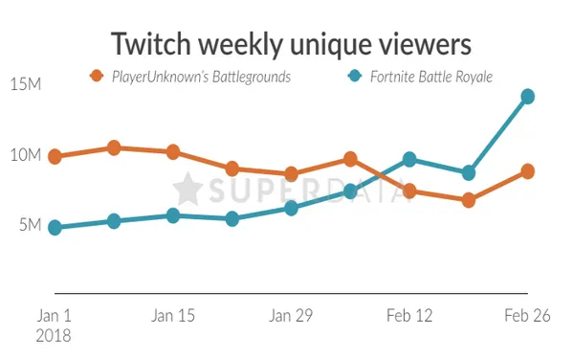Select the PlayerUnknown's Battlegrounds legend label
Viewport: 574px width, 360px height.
pos(201,77)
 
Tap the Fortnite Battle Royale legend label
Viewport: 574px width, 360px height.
pos(430,77)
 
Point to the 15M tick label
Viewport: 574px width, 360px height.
pos(26,84)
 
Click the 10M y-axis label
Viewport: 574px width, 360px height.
pos(26,155)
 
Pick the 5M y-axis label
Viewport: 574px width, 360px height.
pos(30,226)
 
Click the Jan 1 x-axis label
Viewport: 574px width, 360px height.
pos(55,315)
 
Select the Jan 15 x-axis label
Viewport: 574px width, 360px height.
pos(173,315)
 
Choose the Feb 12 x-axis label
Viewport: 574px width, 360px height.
pos(408,315)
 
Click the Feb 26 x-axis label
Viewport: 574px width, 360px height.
pos(526,315)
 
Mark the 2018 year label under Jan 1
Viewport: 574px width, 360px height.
pos(55,336)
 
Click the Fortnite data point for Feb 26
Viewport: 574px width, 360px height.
pos(527,97)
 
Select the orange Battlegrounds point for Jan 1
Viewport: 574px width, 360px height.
pos(55,157)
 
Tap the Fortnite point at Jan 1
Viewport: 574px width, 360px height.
pos(55,228)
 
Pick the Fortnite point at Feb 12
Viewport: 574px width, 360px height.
pos(409,159)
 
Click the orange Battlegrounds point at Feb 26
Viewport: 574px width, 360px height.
pos(527,171)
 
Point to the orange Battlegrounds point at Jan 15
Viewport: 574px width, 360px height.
pos(173,152)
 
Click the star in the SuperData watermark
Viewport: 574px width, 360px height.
pos(188,189)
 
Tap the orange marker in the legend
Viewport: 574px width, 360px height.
pos(96,77)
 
